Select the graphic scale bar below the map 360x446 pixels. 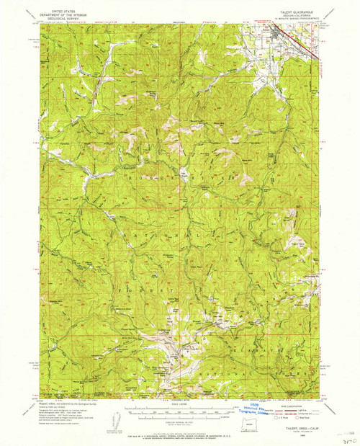tap(179, 413)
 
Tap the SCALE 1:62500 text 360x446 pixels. tap(179, 403)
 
